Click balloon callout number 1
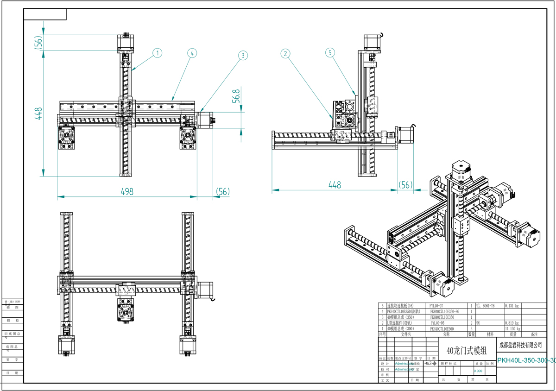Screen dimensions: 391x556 point(158,53)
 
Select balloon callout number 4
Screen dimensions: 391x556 point(191,53)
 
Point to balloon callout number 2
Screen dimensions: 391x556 point(286,53)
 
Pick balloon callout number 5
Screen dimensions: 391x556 point(330,53)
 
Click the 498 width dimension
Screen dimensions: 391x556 point(126,191)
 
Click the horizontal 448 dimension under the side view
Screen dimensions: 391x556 point(335,185)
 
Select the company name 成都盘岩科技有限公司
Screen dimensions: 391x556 point(520,345)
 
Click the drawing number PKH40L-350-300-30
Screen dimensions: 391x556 point(526,360)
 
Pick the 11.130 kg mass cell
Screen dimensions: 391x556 point(512,328)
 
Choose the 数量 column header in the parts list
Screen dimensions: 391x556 point(471,334)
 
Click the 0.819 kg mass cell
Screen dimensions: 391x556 point(512,323)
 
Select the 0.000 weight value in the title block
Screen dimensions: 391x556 point(478,371)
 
